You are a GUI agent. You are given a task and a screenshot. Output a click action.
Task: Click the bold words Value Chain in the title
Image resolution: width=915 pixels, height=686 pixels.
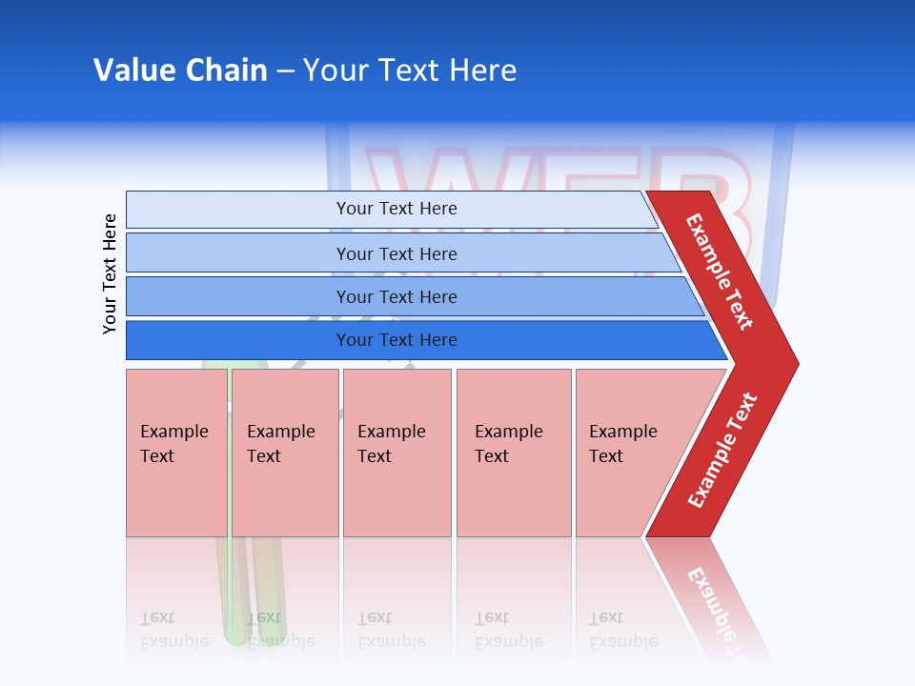click(180, 71)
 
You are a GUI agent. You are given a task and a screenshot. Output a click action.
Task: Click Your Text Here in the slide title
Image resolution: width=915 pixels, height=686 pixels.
click(410, 71)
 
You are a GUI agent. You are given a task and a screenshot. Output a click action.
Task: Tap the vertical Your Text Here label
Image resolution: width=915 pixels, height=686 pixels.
click(110, 273)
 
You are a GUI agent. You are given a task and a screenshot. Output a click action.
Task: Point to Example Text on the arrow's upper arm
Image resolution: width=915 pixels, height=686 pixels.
click(720, 272)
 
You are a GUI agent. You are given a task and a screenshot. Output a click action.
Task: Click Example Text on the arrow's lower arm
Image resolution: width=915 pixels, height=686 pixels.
click(722, 451)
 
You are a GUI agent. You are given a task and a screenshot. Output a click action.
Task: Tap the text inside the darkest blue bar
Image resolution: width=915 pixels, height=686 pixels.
click(396, 340)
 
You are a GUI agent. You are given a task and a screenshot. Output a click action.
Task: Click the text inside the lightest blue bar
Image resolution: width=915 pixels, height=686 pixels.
click(396, 209)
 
